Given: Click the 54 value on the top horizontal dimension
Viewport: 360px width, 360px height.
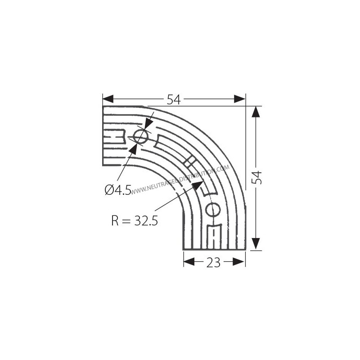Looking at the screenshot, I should point(174,99).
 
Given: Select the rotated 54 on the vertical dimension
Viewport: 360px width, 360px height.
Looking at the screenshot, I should point(256,177).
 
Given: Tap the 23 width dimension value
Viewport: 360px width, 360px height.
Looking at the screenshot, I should point(214,262).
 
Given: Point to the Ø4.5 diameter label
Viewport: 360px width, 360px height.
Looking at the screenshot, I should point(118,190).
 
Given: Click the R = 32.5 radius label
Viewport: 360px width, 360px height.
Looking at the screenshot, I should point(134,221).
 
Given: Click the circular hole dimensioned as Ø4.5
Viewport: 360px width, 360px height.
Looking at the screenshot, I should point(140,136).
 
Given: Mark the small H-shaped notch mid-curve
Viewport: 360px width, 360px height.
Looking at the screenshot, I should point(189,161).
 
